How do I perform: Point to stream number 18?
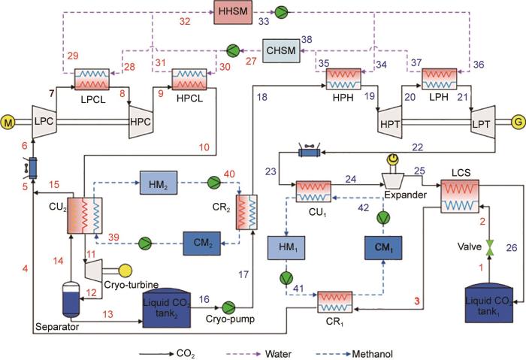261,97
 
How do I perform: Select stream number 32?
185,22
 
